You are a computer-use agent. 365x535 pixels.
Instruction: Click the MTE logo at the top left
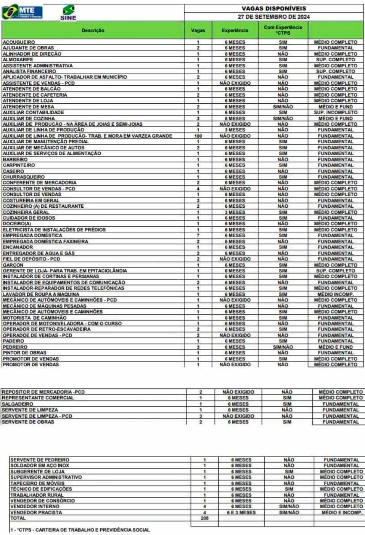(23, 12)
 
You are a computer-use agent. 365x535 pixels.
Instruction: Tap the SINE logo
(68, 13)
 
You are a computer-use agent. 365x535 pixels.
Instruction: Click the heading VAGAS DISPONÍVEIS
(273, 8)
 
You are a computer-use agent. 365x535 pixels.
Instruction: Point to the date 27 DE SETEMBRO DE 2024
(273, 17)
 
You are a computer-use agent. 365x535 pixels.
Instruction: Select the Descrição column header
(93, 30)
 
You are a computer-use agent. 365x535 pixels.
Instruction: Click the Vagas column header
(198, 30)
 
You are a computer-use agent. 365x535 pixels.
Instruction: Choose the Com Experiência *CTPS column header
(283, 30)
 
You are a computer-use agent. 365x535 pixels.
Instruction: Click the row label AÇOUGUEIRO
(19, 42)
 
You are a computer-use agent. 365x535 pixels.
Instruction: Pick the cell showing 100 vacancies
(198, 136)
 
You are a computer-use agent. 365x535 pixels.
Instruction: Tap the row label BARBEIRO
(15, 160)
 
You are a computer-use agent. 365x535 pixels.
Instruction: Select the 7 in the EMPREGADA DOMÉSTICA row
(198, 235)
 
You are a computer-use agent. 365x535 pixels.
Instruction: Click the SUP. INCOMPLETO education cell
(336, 112)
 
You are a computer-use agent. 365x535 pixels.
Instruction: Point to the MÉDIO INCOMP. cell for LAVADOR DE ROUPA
(336, 294)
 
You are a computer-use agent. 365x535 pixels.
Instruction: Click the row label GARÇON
(13, 265)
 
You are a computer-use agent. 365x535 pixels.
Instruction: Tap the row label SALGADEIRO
(18, 404)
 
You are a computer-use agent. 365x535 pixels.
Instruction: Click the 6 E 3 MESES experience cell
(241, 513)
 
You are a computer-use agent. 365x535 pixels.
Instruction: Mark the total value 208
(204, 518)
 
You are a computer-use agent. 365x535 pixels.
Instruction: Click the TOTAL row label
(18, 518)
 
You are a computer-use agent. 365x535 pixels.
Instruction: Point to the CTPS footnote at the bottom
(80, 530)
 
